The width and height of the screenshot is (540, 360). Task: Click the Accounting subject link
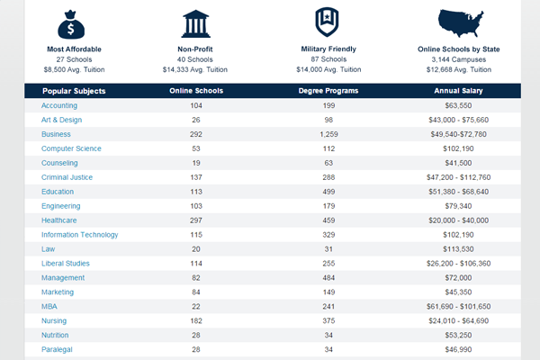59,105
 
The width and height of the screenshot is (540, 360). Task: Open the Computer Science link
71,148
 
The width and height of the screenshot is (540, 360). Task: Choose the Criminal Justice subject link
68,177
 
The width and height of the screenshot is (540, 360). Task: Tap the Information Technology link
79,235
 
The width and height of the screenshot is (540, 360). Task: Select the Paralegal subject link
57,349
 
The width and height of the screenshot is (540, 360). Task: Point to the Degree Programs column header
328,91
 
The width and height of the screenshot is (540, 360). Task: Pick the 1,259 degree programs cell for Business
328,134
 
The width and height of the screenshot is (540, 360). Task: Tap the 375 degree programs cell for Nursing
328,320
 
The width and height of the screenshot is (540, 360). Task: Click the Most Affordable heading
73,49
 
